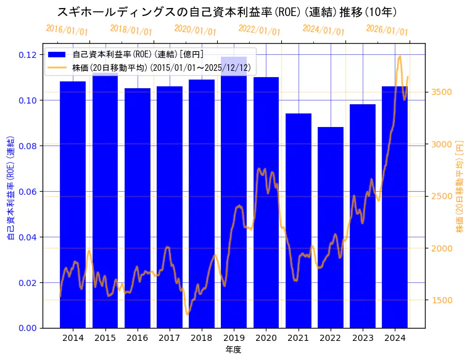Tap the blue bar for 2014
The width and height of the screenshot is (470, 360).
(73, 204)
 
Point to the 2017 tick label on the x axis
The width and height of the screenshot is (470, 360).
(169, 338)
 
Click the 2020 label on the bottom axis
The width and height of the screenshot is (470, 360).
(266, 338)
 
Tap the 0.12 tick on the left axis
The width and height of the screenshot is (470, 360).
(27, 55)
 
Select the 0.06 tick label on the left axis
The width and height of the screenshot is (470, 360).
(27, 192)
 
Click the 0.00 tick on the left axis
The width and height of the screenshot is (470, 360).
(27, 328)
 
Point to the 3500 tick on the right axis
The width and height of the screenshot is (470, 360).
(443, 92)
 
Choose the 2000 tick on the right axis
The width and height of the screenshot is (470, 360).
(443, 248)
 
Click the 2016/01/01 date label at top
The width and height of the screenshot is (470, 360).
(67, 30)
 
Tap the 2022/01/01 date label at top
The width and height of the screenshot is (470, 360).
(259, 30)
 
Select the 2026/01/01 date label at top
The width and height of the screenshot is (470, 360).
(387, 30)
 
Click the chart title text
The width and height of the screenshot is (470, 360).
(227, 12)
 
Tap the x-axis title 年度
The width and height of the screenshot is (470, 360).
(233, 350)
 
